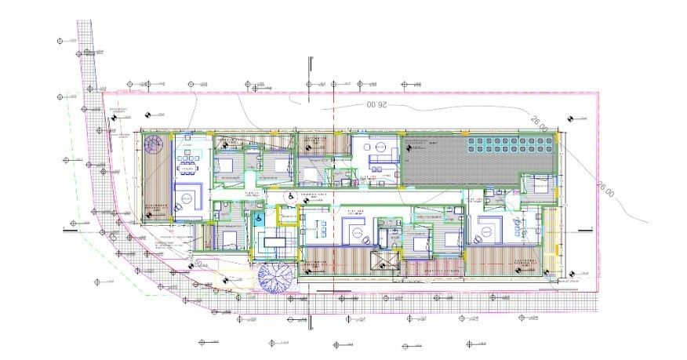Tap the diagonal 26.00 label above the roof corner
540,124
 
